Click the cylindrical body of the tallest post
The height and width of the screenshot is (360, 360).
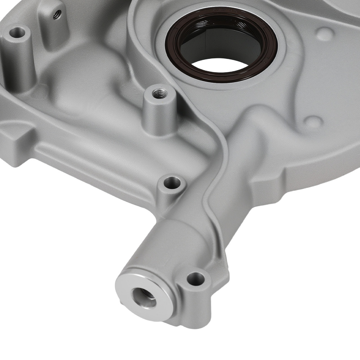[x=18, y=61]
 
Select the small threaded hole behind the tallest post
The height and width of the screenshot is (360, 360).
[x=56, y=14]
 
